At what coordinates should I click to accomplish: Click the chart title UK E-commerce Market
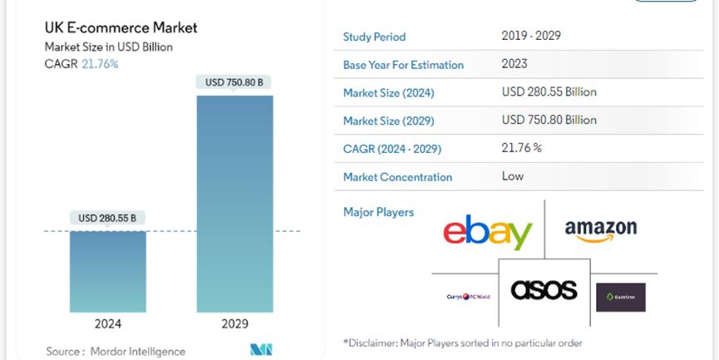click(x=121, y=28)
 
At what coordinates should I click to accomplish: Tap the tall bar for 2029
click(x=234, y=204)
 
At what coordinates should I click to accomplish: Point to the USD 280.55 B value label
click(x=107, y=219)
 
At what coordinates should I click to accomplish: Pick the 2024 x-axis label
click(x=108, y=324)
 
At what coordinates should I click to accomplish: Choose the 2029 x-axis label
click(x=234, y=324)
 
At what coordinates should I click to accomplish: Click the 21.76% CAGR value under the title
click(x=100, y=64)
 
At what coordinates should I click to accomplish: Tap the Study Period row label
click(x=374, y=37)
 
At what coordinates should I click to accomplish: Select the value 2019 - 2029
click(x=532, y=36)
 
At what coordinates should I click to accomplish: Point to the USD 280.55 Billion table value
click(x=549, y=92)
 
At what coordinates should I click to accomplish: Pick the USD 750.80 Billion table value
click(x=549, y=121)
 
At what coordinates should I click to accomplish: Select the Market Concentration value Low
click(x=513, y=176)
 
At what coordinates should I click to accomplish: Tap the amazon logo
click(x=600, y=229)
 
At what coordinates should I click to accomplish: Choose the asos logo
click(x=544, y=289)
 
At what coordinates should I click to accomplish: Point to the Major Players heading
click(x=378, y=212)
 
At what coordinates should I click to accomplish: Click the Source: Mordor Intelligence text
click(x=116, y=351)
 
